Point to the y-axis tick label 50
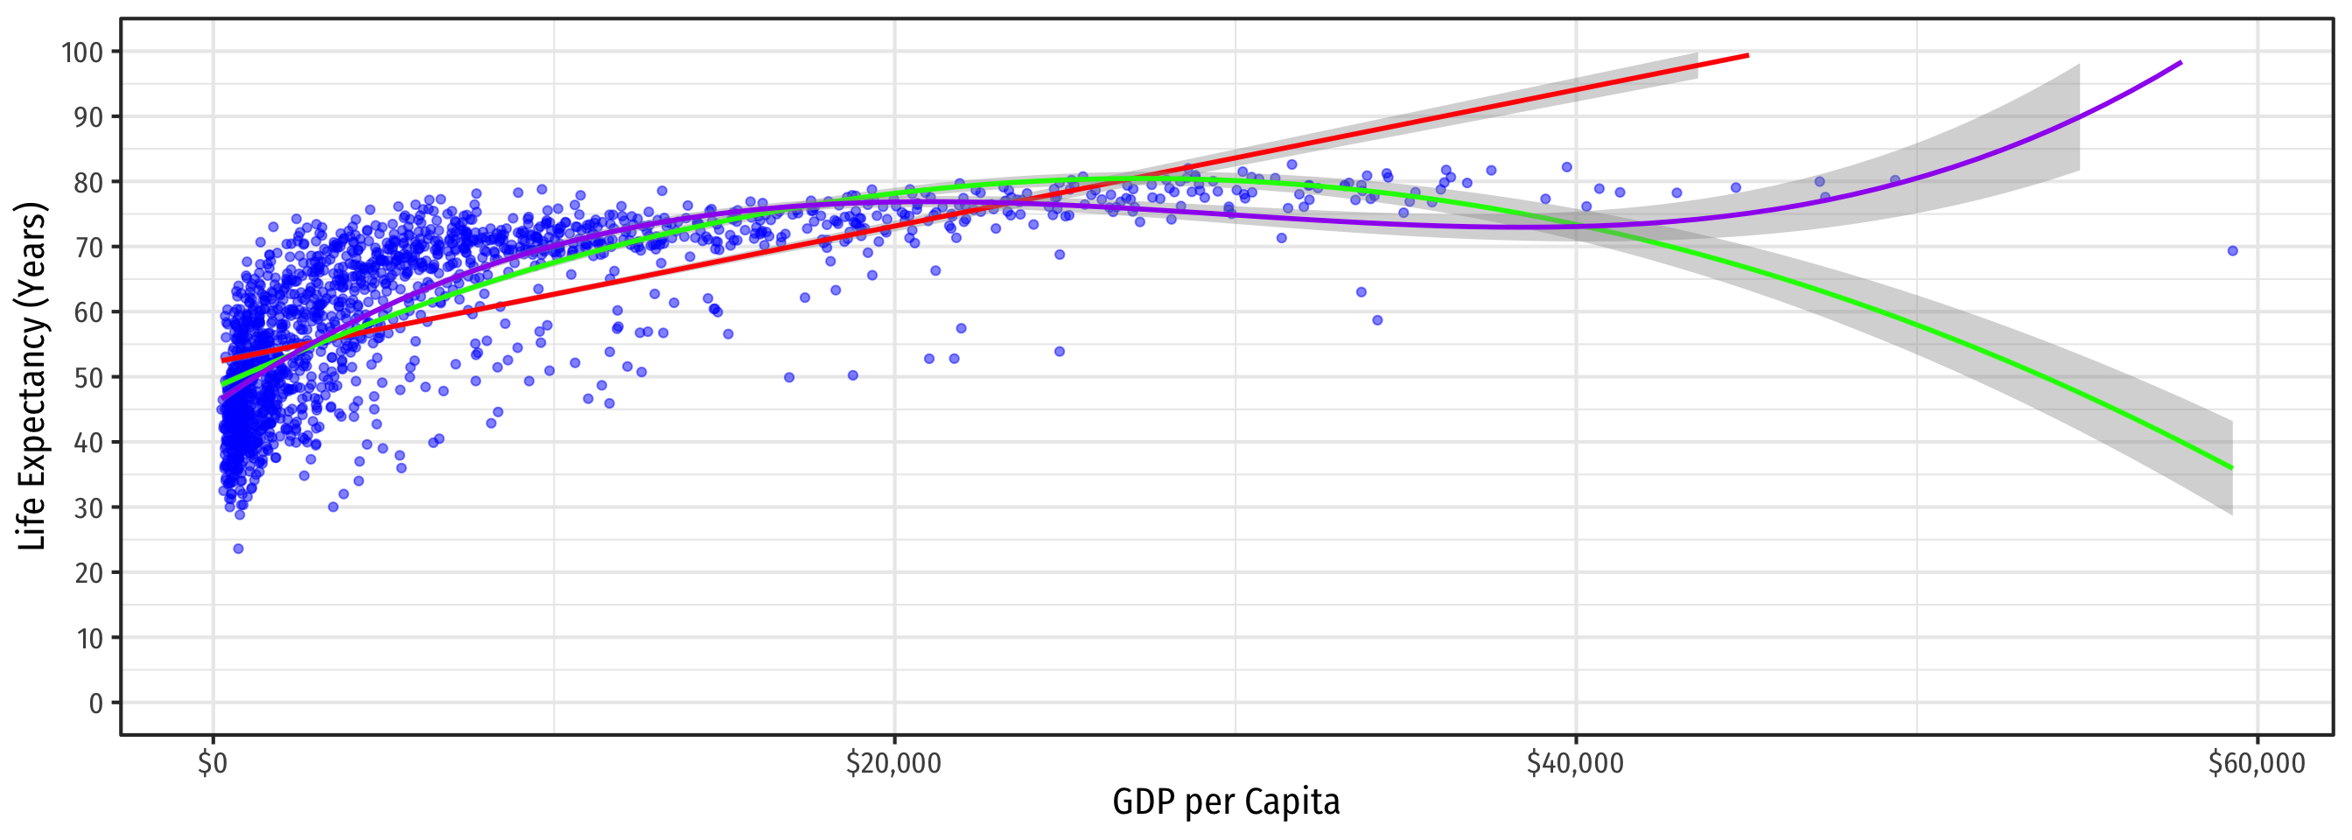pyautogui.click(x=88, y=377)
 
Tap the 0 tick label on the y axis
pyautogui.click(x=96, y=703)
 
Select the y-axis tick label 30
pyautogui.click(x=88, y=507)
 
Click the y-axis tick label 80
pyautogui.click(x=88, y=183)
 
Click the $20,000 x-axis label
pyautogui.click(x=893, y=763)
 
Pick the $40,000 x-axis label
pyautogui.click(x=1575, y=763)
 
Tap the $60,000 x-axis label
pyautogui.click(x=2256, y=763)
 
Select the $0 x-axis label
pyautogui.click(x=213, y=763)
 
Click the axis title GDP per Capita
pyautogui.click(x=1225, y=801)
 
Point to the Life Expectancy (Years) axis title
pyautogui.click(x=32, y=376)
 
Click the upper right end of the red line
pyautogui.click(x=1746, y=56)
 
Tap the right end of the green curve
pyautogui.click(x=2231, y=468)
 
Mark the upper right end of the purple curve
pyautogui.click(x=2180, y=63)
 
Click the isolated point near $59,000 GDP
pyautogui.click(x=2232, y=251)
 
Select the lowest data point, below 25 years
pyautogui.click(x=238, y=549)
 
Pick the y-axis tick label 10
pyautogui.click(x=88, y=638)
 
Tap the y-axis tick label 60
pyautogui.click(x=88, y=312)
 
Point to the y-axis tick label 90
pyautogui.click(x=88, y=117)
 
